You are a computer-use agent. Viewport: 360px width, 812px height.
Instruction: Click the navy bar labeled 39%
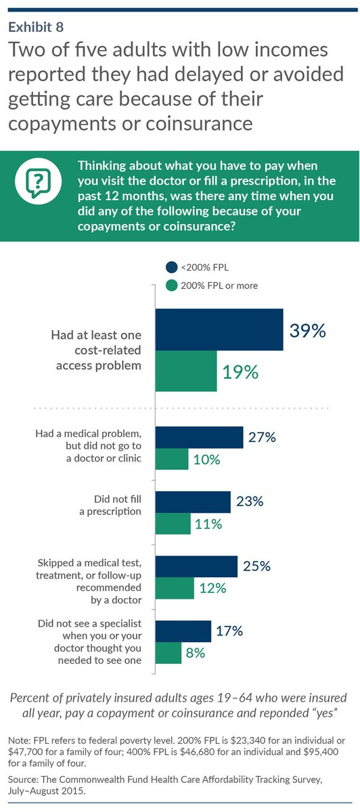[x=219, y=330]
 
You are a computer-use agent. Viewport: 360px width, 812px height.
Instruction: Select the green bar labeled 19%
[x=186, y=371]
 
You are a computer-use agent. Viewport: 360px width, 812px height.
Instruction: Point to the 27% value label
[x=261, y=437]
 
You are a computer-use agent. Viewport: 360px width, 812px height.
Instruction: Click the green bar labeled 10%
[x=172, y=459]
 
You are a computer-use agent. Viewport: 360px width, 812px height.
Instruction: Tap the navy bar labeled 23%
[x=193, y=501]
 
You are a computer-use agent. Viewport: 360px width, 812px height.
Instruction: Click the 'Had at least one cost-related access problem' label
[x=97, y=350]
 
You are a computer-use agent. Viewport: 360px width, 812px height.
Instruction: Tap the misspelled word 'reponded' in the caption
[x=266, y=713]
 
